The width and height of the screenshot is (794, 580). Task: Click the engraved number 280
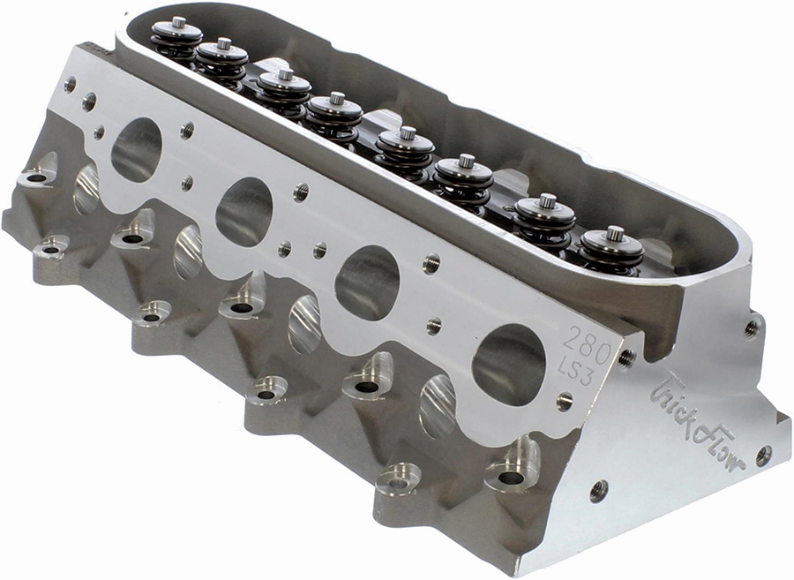(x=588, y=345)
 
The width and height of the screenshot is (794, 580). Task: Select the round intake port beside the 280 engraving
(x=508, y=365)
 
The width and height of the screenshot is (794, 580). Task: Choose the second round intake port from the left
(x=244, y=212)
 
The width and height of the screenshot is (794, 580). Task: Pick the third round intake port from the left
(x=367, y=283)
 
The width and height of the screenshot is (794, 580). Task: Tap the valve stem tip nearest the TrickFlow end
(x=615, y=234)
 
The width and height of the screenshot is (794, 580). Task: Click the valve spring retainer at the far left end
(x=177, y=33)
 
